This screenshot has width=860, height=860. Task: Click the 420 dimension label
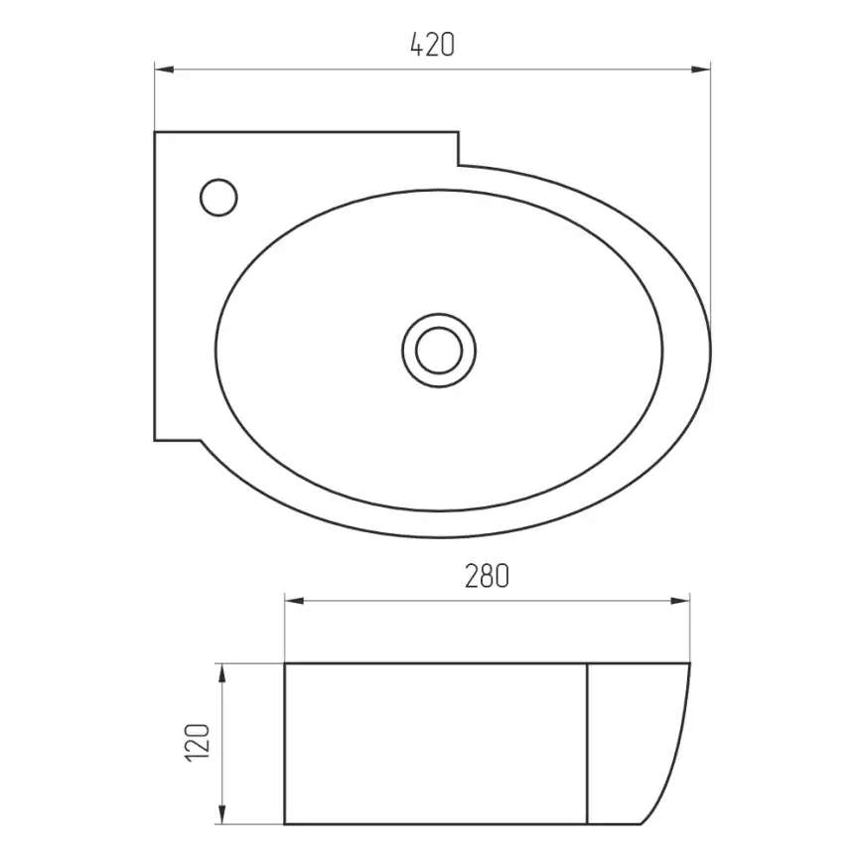click(x=433, y=45)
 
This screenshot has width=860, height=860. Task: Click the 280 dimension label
click(x=487, y=576)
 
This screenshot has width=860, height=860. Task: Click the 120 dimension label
click(x=198, y=743)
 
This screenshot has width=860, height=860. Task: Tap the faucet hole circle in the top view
click(x=218, y=198)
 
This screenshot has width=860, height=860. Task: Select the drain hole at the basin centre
click(x=439, y=351)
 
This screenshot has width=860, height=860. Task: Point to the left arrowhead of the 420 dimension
click(x=164, y=70)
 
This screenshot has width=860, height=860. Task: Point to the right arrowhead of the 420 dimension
click(x=701, y=70)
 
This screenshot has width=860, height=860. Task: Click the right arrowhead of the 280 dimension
click(x=680, y=601)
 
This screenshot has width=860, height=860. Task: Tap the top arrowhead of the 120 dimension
click(x=222, y=673)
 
